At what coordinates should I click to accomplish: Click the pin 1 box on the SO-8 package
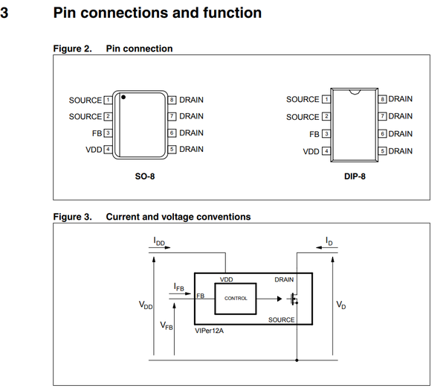point(108,100)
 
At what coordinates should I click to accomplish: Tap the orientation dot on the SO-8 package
point(123,97)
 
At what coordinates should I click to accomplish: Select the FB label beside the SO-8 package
point(97,133)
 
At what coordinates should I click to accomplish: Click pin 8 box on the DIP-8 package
point(383,99)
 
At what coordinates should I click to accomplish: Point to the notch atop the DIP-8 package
point(357,92)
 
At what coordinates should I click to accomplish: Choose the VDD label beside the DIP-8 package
point(311,151)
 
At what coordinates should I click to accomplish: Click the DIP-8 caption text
point(355,177)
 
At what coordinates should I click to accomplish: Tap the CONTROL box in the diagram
point(236,298)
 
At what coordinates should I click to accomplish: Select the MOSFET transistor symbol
point(294,299)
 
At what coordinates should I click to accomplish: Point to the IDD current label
point(160,242)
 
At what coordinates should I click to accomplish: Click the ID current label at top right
point(329,242)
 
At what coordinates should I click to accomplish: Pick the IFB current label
point(179,287)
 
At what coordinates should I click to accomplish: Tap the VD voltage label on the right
point(340,305)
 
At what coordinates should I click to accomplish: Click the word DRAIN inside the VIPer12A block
point(284,280)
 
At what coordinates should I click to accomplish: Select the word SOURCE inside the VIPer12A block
point(281,320)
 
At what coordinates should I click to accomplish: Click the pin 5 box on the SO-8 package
point(172,150)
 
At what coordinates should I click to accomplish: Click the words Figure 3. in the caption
point(72,217)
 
